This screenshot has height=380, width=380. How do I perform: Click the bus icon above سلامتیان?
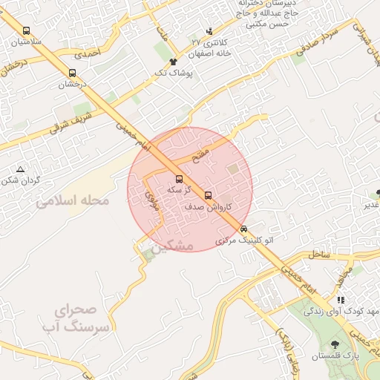[x=27, y=31]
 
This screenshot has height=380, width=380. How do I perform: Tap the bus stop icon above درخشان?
[x=73, y=73]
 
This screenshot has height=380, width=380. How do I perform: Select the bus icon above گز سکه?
[x=179, y=179]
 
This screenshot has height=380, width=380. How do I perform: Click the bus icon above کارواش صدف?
[x=208, y=196]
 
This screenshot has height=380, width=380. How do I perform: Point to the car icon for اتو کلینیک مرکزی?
[x=243, y=229]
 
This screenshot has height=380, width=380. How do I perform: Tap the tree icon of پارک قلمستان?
[x=335, y=344]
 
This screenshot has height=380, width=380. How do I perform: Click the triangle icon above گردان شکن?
[x=20, y=170]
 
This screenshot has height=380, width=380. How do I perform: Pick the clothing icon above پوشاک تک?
[x=173, y=62]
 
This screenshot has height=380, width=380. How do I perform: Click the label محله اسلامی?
[x=73, y=200]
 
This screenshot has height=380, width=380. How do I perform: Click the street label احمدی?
[x=87, y=53]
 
